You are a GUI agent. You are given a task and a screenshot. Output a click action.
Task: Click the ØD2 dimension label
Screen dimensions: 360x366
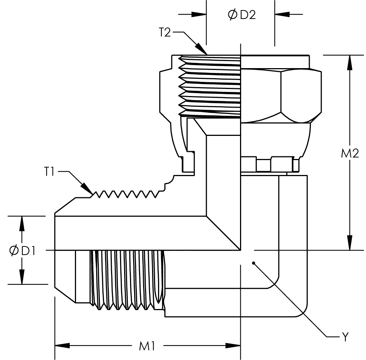click(x=242, y=15)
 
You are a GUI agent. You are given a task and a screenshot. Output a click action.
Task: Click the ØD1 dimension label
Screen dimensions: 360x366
click(x=22, y=251)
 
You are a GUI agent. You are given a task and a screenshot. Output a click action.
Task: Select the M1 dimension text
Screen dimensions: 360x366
click(x=147, y=346)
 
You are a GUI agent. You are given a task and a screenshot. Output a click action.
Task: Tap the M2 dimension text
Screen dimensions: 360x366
click(x=350, y=153)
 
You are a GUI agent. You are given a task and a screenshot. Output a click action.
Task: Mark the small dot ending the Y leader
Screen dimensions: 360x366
click(x=253, y=263)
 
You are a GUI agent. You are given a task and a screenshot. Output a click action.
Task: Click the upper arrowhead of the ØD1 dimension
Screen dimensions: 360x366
click(x=22, y=223)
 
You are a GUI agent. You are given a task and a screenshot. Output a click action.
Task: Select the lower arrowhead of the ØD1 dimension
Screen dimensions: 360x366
click(x=22, y=277)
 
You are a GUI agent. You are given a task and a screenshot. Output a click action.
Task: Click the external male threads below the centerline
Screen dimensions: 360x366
click(x=127, y=279)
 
